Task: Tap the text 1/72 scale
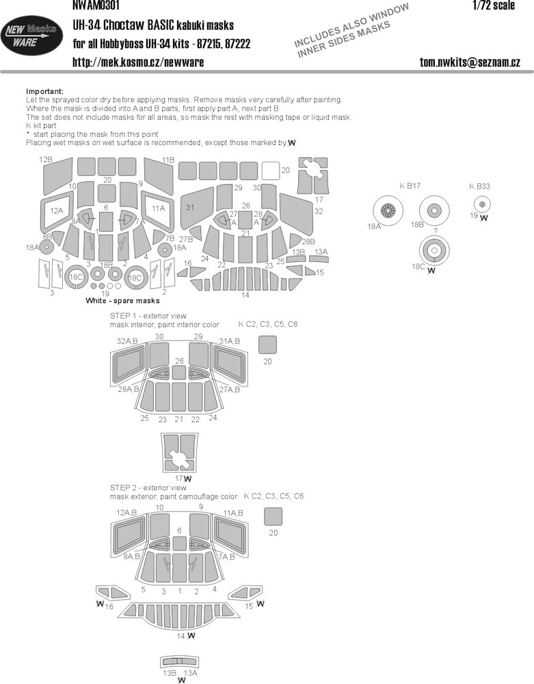coord(494,5)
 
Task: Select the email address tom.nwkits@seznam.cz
coord(470,62)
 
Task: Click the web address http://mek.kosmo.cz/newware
coord(138,62)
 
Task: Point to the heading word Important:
coord(45,91)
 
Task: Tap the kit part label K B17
coord(410,186)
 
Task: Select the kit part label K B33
coord(479,186)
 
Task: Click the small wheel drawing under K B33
coord(482,204)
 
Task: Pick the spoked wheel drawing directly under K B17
coord(388,211)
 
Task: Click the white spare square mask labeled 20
coord(271,170)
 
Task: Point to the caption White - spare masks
coord(122,300)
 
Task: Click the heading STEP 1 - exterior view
coord(148,316)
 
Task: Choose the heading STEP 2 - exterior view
coord(148,488)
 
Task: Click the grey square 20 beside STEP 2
coord(273,516)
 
